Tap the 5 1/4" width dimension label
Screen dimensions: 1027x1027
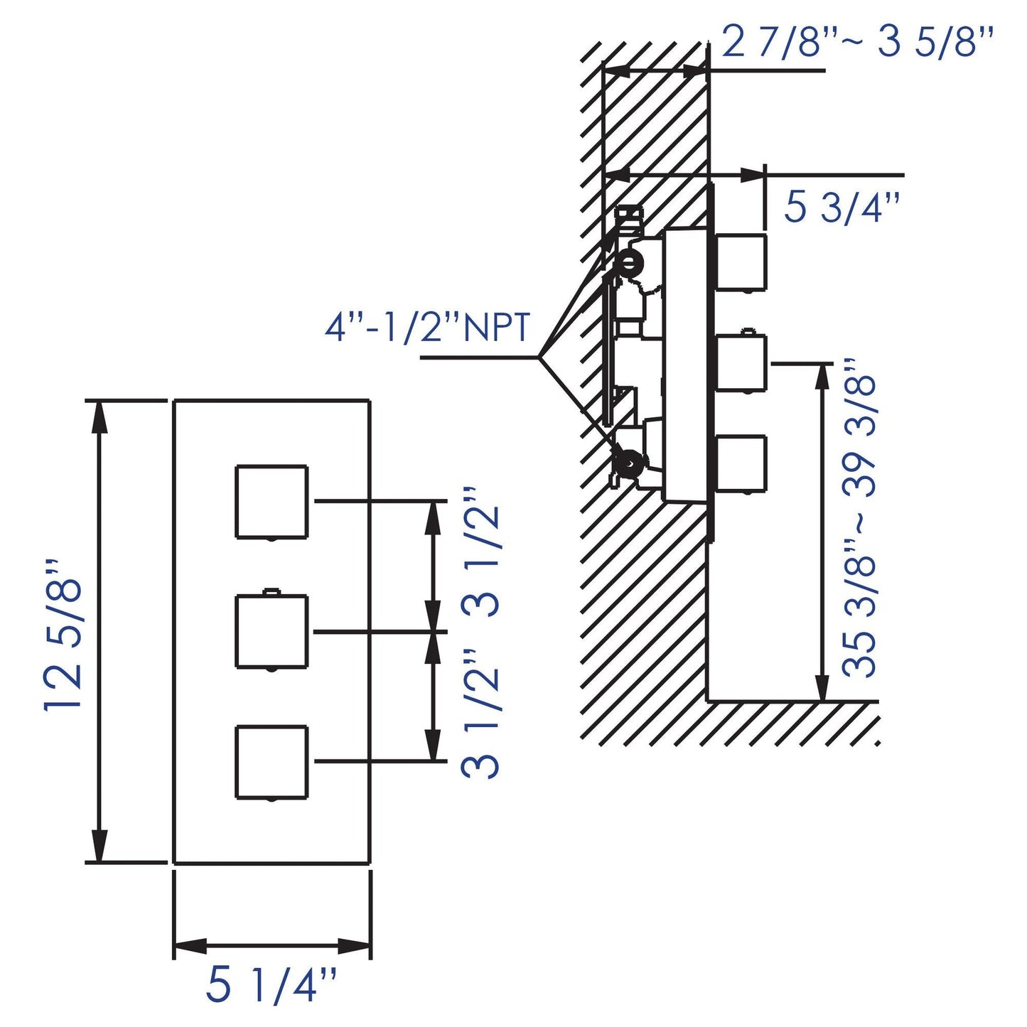[x=271, y=985]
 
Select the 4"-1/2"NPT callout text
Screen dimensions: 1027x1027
[x=428, y=328]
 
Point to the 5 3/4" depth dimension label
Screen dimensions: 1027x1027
[x=842, y=208]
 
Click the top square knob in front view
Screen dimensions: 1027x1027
[x=271, y=502]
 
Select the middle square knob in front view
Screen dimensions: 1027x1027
[x=271, y=632]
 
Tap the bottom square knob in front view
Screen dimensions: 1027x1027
[x=271, y=762]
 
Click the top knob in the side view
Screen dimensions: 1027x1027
[x=741, y=262]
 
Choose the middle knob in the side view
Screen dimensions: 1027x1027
[x=741, y=363]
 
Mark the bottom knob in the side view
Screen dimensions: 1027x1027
[x=741, y=463]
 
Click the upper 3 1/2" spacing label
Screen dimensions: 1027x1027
[x=481, y=561]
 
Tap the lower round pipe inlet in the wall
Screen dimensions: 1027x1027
[x=628, y=461]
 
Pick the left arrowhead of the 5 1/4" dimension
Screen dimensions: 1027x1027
[x=189, y=946]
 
